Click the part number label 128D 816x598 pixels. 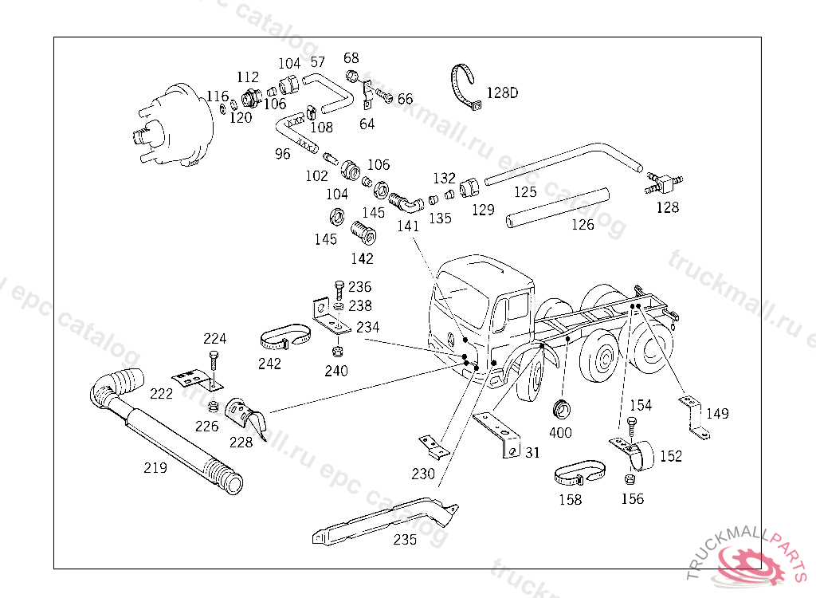point(502,92)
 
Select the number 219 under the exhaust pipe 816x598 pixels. point(155,467)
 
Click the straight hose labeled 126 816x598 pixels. point(557,208)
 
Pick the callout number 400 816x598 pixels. point(560,432)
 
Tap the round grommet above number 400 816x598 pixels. point(562,409)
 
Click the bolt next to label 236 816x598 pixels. point(339,289)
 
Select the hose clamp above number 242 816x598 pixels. point(285,337)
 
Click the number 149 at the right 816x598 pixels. point(717,413)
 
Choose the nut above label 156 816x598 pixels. point(629,478)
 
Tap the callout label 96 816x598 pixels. point(283,154)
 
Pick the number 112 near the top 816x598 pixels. point(248,77)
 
